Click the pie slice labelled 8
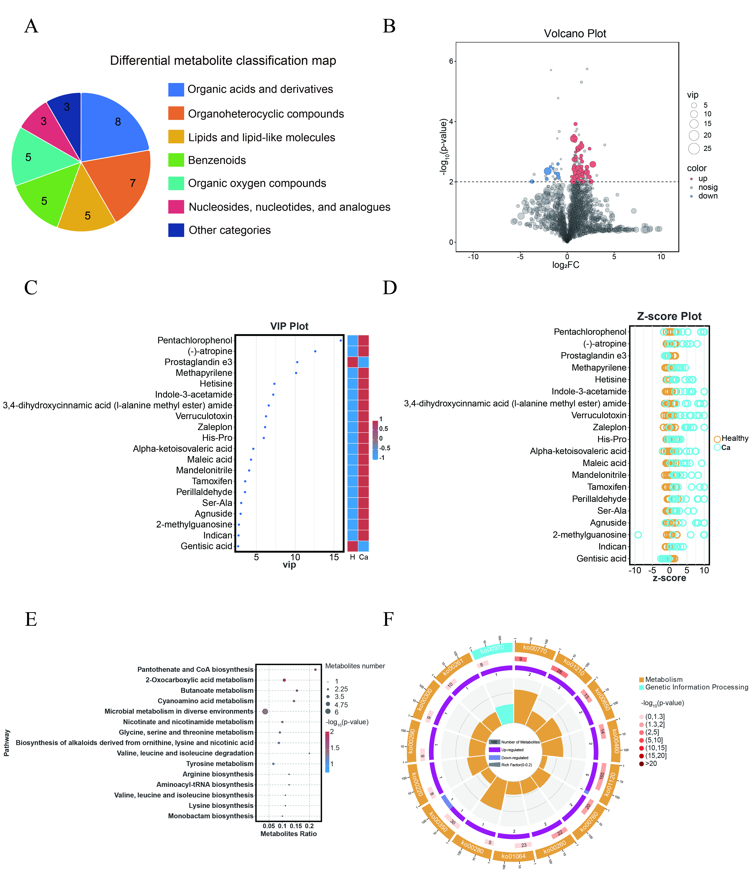(115, 123)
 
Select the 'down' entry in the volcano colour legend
(708, 196)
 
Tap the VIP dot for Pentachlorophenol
(341, 340)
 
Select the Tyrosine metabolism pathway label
(220, 764)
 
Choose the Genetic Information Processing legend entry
(696, 687)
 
